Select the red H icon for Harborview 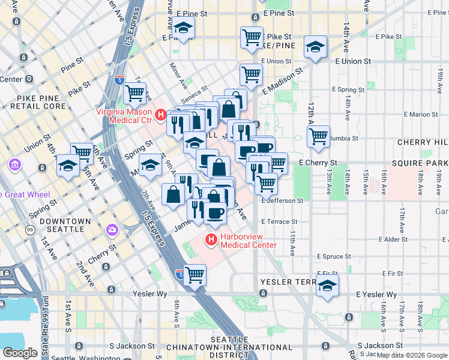click(211, 241)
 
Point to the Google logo click(20, 353)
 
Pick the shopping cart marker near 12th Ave click(319, 136)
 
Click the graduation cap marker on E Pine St click(183, 29)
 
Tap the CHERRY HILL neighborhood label click(423, 142)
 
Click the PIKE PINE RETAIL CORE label click(33, 102)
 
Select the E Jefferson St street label click(282, 200)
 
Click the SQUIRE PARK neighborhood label click(420, 163)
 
